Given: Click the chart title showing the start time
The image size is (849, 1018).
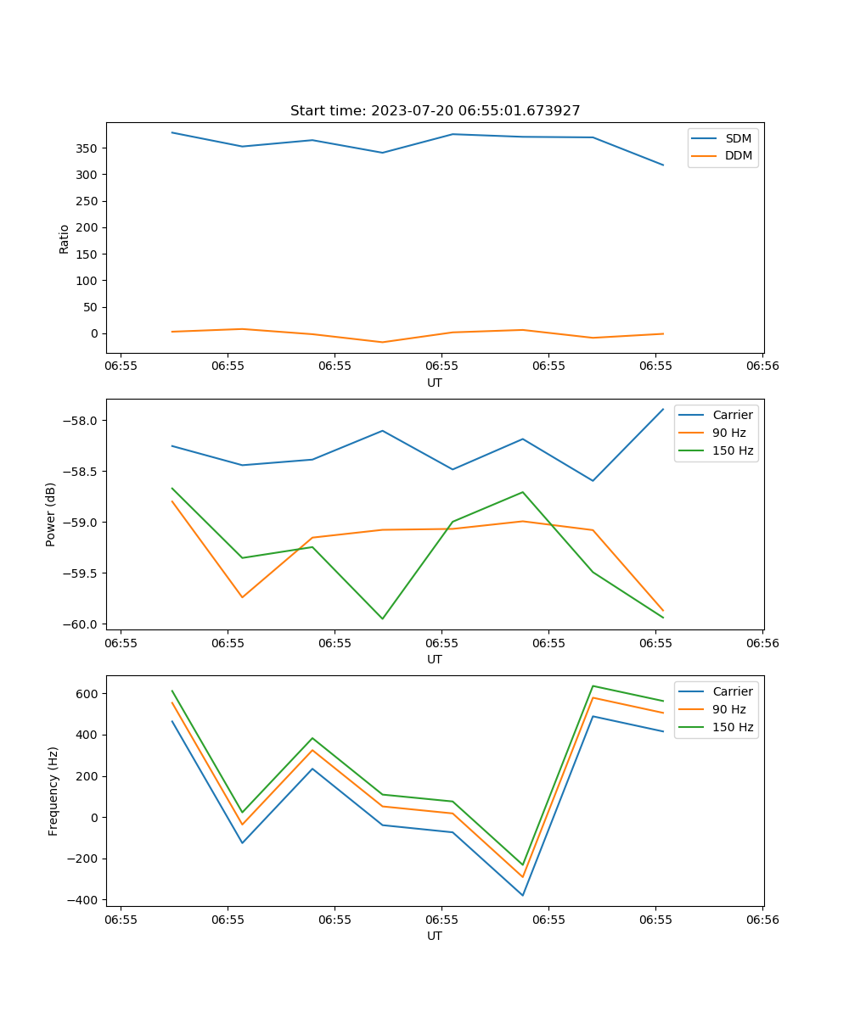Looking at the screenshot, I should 435,111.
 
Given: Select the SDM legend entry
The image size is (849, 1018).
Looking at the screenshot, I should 738,138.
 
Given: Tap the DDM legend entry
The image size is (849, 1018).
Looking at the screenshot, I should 738,156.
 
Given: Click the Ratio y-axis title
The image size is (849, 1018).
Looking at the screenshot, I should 65,238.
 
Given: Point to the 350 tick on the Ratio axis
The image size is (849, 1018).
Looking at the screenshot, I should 87,148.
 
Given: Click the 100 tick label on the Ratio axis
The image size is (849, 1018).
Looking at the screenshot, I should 87,281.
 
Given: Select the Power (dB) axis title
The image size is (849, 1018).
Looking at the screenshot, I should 51,514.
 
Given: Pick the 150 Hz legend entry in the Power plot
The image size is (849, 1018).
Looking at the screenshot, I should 733,450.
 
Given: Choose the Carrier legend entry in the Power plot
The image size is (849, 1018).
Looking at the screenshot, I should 732,415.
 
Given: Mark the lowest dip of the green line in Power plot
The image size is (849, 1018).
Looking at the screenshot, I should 382,618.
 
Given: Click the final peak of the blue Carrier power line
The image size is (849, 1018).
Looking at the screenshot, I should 663,409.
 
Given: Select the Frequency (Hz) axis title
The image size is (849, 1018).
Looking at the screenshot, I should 53,791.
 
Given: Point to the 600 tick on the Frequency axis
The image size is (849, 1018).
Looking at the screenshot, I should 87,694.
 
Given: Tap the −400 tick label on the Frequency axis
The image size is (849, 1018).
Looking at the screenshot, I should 83,900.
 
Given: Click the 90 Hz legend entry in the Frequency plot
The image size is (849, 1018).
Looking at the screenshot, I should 728,709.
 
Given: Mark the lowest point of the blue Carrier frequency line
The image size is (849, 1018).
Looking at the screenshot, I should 522,895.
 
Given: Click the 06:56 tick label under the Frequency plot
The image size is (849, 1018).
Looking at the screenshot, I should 762,920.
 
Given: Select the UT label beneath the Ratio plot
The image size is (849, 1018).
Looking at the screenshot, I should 435,383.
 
